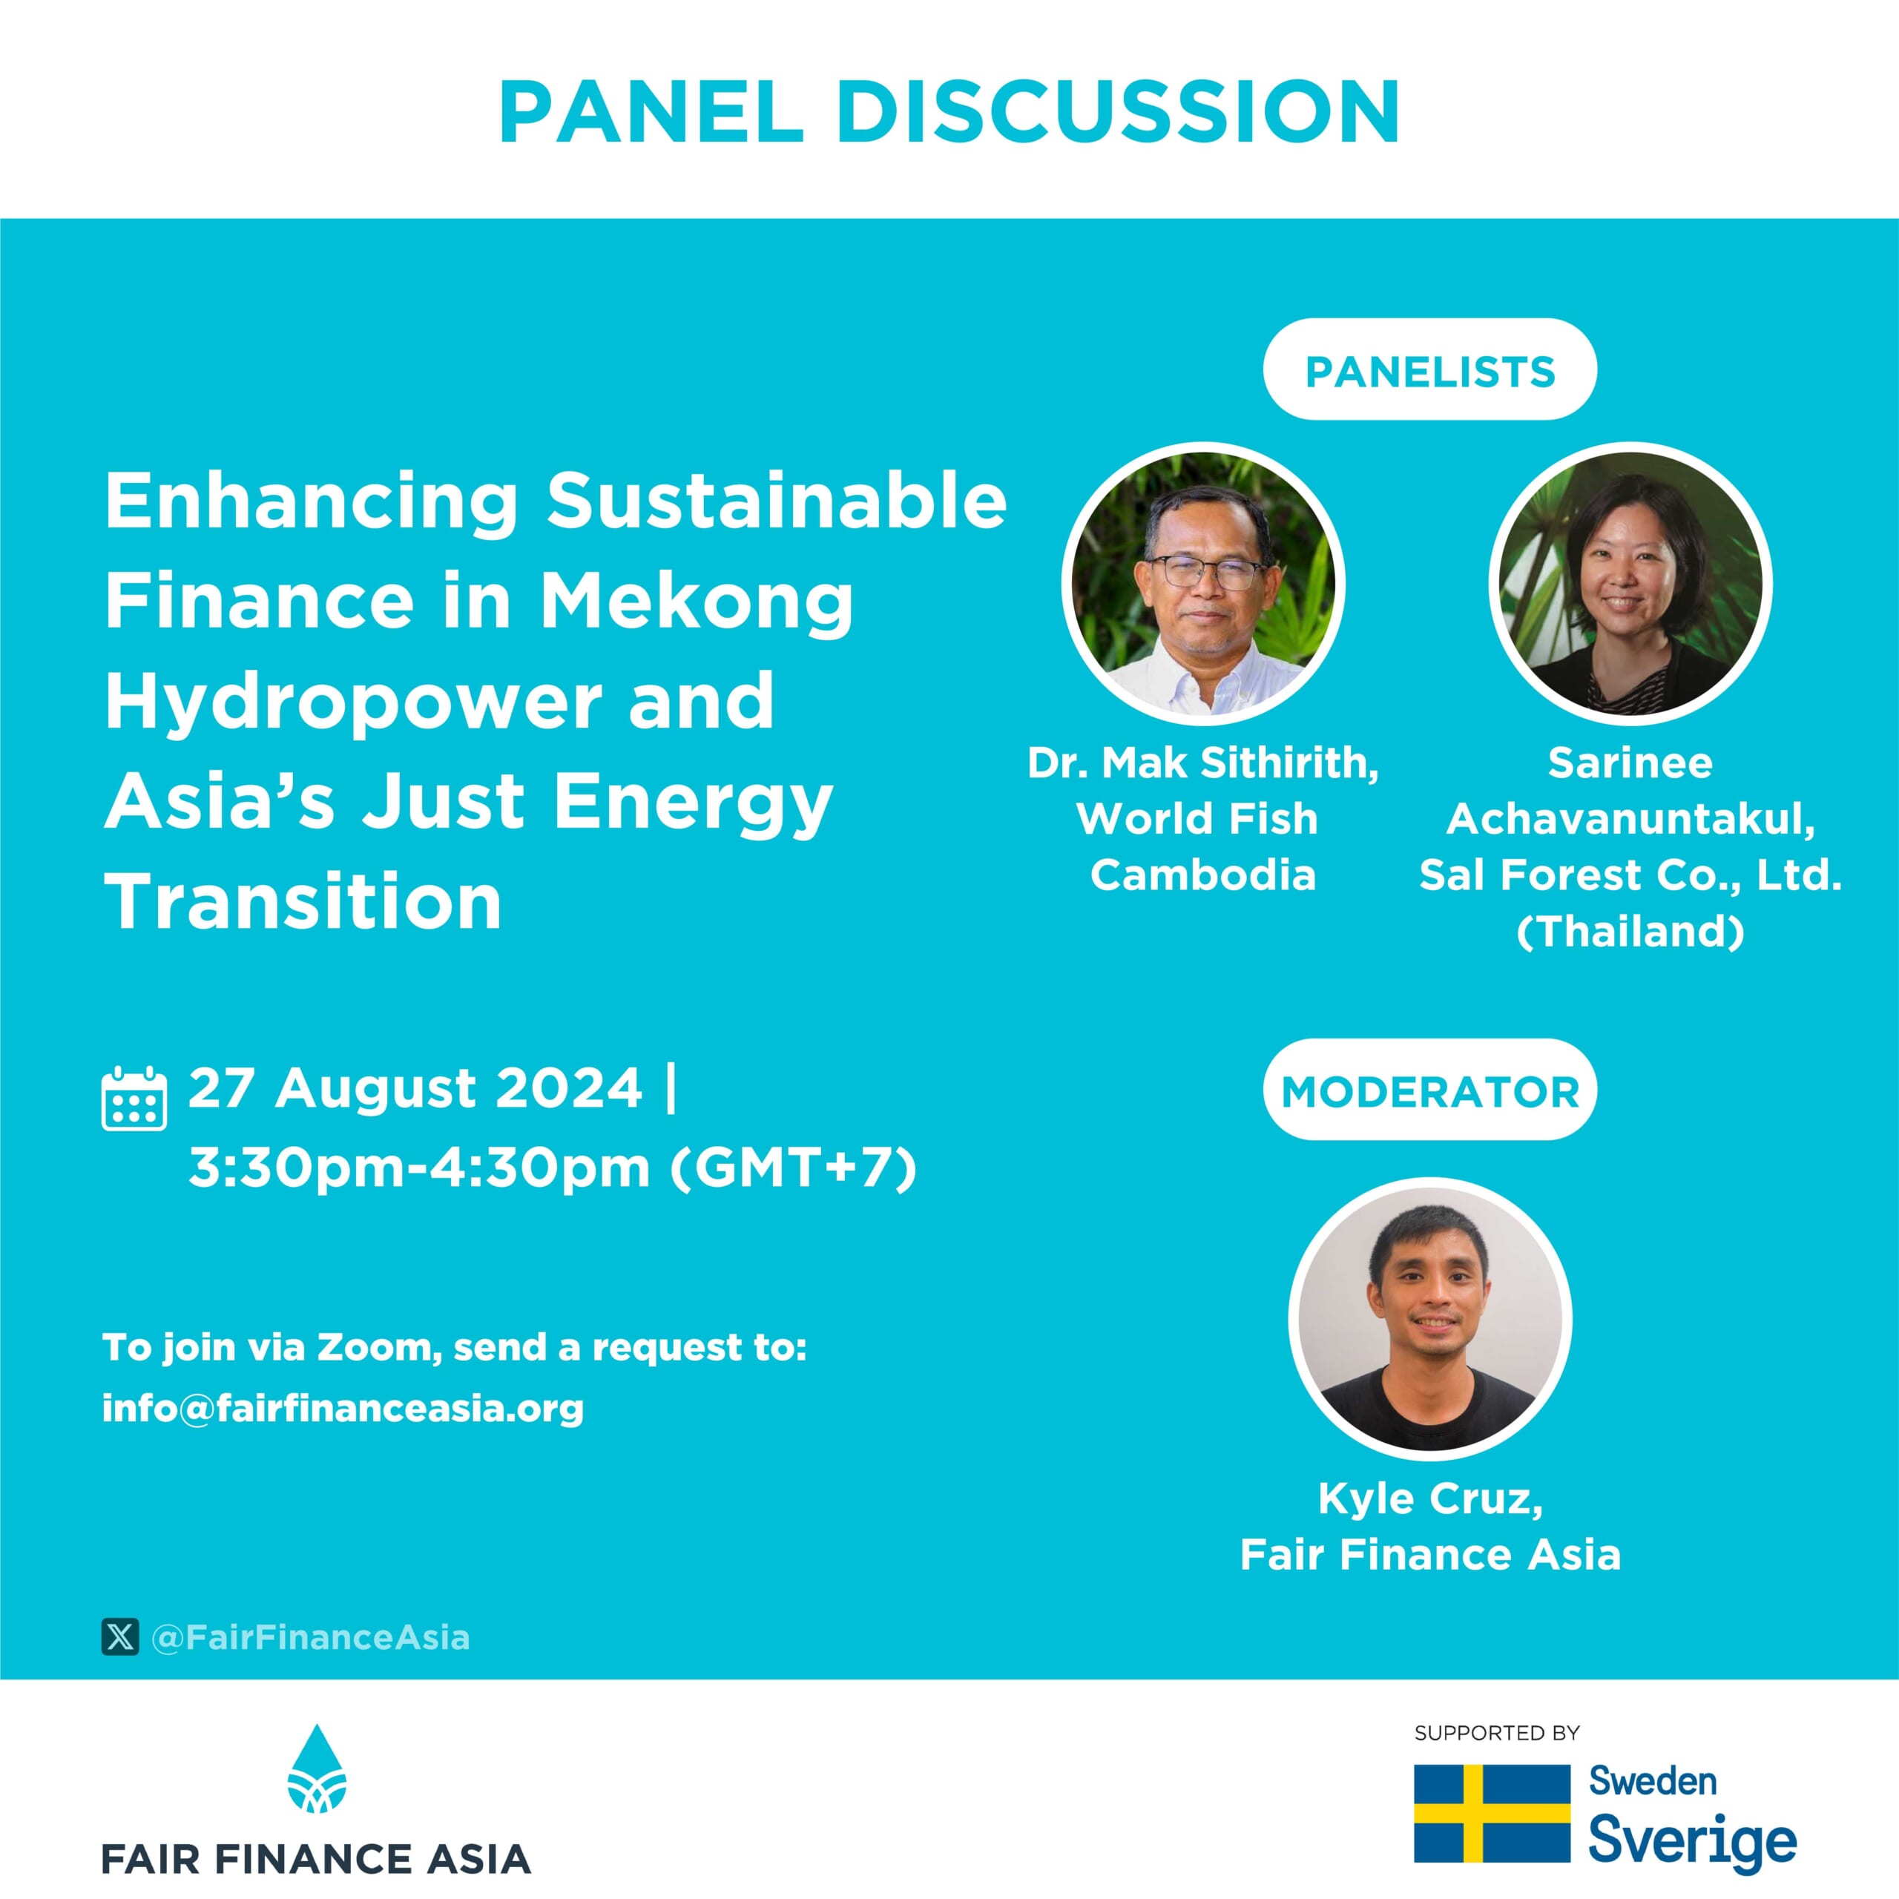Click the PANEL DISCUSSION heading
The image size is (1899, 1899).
949,112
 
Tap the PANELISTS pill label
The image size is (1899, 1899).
1429,369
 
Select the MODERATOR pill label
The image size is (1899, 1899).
1429,1090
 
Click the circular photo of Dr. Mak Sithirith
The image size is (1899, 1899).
1203,584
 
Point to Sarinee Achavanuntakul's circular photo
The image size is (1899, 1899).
1630,584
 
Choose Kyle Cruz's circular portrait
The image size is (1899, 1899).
1430,1319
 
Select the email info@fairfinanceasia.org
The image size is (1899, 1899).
343,1409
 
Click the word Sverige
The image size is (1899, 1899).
1693,1842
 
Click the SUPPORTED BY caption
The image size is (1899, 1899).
1496,1733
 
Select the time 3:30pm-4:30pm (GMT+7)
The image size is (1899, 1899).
553,1168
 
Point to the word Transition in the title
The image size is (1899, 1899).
303,901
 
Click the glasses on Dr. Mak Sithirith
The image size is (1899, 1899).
1205,571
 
